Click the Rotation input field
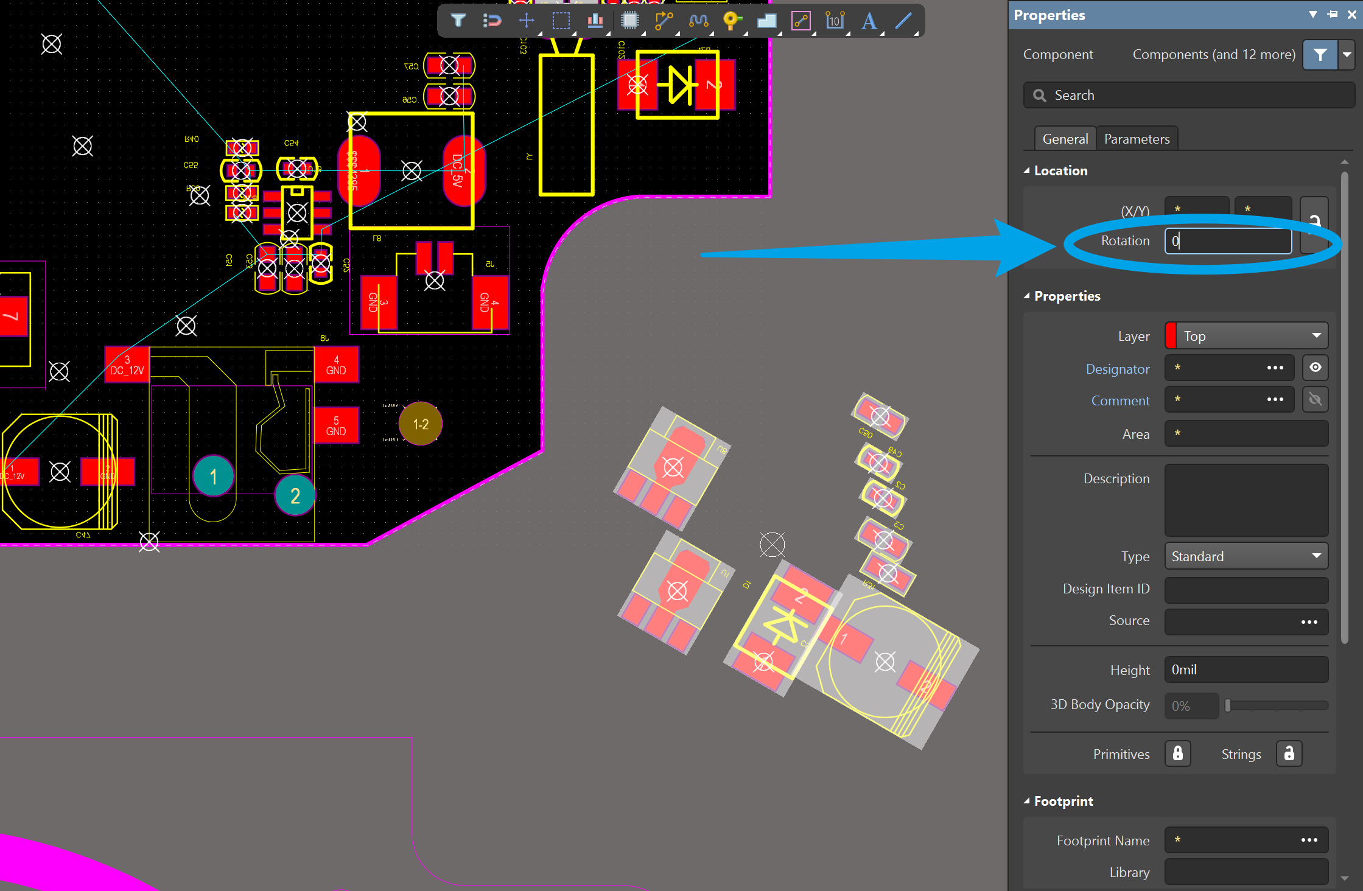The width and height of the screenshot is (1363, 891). [1227, 241]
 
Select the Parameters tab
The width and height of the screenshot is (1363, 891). [1137, 139]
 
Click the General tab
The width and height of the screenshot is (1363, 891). [1065, 139]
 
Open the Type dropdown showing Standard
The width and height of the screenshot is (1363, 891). [1246, 556]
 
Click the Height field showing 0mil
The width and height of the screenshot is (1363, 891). [1246, 669]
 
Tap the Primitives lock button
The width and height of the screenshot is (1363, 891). [1177, 753]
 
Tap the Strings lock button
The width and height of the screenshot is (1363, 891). [1289, 753]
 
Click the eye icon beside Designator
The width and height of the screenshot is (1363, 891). [1315, 368]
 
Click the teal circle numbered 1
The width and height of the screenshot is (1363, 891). [213, 476]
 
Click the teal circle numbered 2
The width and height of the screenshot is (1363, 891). [295, 496]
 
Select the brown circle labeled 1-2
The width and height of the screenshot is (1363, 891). [421, 424]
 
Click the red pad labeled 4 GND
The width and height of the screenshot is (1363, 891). [336, 365]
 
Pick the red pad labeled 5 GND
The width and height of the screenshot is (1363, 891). [336, 425]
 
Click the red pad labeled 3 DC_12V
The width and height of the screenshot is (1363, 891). [127, 365]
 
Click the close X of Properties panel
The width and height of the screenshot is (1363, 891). [1351, 15]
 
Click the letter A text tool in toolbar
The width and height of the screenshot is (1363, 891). [869, 21]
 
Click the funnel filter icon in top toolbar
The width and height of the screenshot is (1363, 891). [458, 21]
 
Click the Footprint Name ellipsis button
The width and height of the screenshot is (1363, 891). [1309, 840]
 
